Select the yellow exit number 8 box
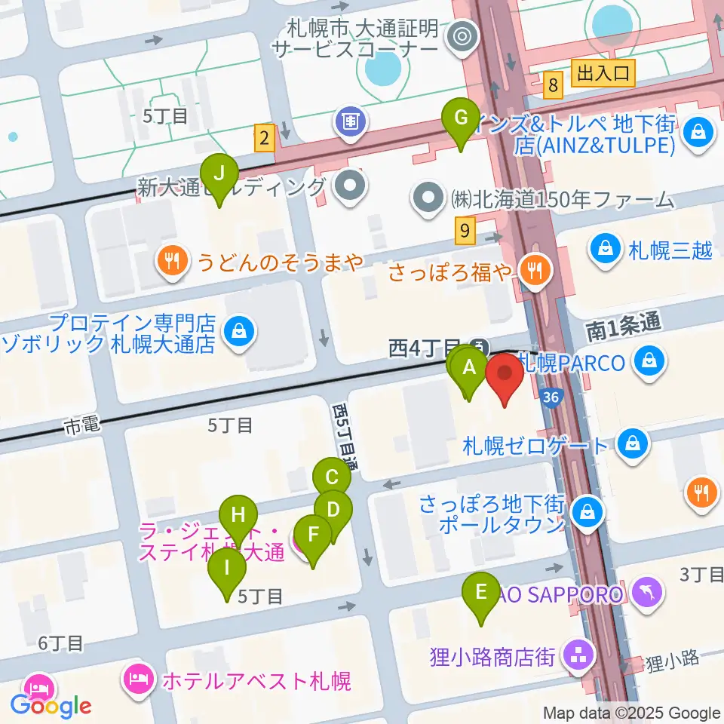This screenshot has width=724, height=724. point(554,86)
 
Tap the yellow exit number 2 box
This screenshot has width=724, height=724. point(263,138)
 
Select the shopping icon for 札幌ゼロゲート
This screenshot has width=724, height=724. point(627,445)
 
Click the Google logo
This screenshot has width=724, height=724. point(51,706)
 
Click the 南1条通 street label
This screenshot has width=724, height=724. point(623,326)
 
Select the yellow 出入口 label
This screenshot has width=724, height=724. point(603,73)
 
